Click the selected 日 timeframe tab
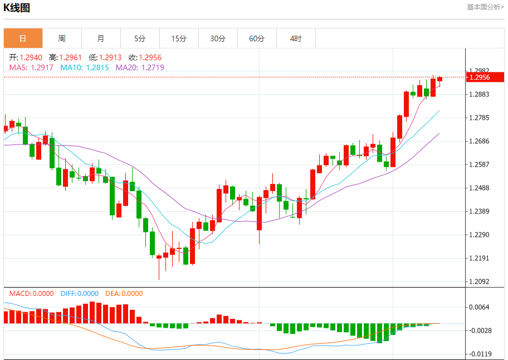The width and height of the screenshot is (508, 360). click(23, 38)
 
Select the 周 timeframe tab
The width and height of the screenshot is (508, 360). click(62, 38)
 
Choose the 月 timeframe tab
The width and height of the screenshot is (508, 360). click(101, 38)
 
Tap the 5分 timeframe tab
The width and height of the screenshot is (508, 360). click(140, 38)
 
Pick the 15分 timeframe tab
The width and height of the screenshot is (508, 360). click(179, 38)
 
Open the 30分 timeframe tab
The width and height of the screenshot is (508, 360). click(218, 38)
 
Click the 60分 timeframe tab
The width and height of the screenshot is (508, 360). click(257, 38)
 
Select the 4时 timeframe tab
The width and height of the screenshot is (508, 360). click(296, 38)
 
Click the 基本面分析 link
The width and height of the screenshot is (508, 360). click(485, 7)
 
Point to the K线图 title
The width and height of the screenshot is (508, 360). click(17, 8)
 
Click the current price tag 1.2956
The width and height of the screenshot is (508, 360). click(480, 77)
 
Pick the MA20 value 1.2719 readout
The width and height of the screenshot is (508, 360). click(136, 67)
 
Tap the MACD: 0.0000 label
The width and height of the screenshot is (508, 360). click(32, 294)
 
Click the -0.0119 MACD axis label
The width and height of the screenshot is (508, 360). click(479, 354)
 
